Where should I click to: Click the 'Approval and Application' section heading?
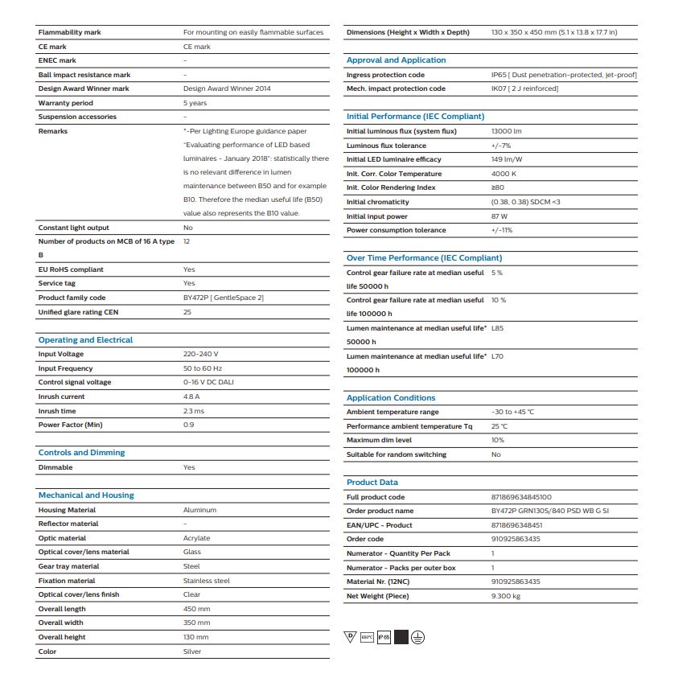point(396,60)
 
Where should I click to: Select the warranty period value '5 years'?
point(195,103)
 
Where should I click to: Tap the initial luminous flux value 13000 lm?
point(506,131)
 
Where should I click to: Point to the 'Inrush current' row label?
point(61,397)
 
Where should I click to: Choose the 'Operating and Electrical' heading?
point(85,340)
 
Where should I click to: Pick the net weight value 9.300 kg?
point(505,596)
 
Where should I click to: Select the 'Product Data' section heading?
point(372,483)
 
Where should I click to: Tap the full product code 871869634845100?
point(521,497)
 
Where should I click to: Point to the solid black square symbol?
point(401,637)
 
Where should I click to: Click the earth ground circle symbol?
point(417,637)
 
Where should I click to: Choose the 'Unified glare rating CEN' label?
point(77,311)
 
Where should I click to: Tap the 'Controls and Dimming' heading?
point(81,453)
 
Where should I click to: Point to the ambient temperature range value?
point(512,412)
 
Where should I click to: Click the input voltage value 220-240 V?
point(201,354)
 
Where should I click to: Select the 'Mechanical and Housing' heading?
point(86,495)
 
